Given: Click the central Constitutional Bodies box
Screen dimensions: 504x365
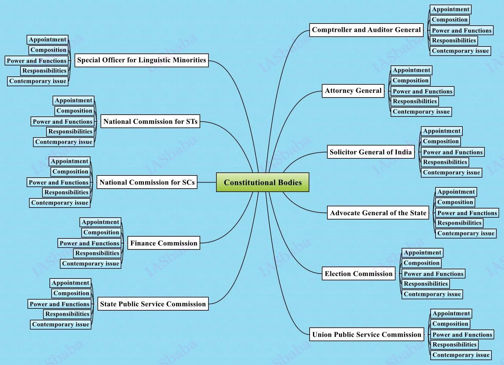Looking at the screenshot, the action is pyautogui.click(x=263, y=182).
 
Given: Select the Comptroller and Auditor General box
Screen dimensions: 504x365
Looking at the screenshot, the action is pyautogui.click(x=366, y=30).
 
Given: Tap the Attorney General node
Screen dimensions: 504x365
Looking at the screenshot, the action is pyautogui.click(x=353, y=91).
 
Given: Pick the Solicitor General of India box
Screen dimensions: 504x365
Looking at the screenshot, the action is pyautogui.click(x=370, y=152).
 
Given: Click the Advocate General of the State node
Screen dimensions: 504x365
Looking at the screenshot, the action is pyautogui.click(x=378, y=213).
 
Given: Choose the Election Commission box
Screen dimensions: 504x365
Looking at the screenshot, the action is pyautogui.click(x=358, y=274).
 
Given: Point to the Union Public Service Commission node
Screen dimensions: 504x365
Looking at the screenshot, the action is pyautogui.click(x=366, y=334).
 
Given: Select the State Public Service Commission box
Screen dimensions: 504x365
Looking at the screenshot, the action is pyautogui.click(x=153, y=304).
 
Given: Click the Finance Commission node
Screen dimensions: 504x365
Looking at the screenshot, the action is pyautogui.click(x=164, y=243).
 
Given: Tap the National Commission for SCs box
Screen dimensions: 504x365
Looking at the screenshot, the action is pyautogui.click(x=147, y=182).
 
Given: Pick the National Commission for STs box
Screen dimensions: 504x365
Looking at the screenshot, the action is pyautogui.click(x=150, y=121).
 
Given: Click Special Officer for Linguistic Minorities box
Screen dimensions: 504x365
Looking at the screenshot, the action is pyautogui.click(x=142, y=60).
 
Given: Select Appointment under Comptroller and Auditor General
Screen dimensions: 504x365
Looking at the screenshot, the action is pyautogui.click(x=450, y=9).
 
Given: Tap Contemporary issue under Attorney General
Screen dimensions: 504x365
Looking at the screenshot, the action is pyautogui.click(x=421, y=112).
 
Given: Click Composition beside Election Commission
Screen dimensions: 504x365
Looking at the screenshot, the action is pyautogui.click(x=421, y=263).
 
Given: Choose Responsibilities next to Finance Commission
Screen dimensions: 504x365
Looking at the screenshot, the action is pyautogui.click(x=97, y=253).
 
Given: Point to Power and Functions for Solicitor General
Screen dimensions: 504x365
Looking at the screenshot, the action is pyautogui.click(x=452, y=152).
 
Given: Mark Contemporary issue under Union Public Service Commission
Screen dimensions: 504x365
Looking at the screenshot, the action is pyautogui.click(x=461, y=355).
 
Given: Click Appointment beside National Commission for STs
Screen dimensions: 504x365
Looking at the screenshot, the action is pyautogui.click(x=73, y=101).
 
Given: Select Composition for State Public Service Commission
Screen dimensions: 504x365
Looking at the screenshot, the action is pyautogui.click(x=71, y=293).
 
